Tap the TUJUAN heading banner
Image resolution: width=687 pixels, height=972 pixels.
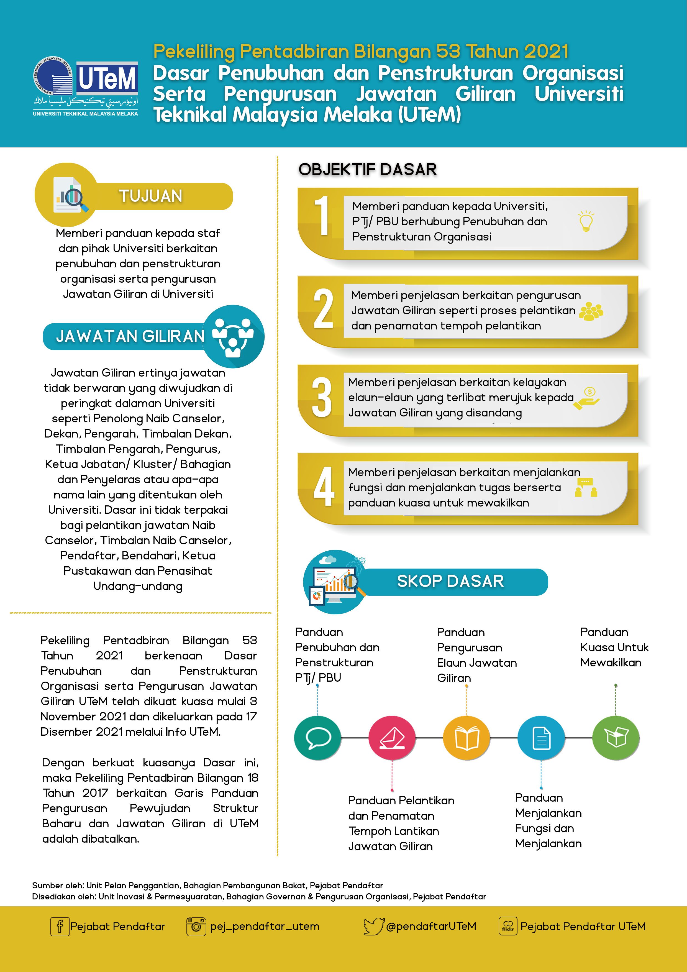tap(151, 196)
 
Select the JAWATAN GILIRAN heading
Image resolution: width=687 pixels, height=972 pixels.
tap(130, 336)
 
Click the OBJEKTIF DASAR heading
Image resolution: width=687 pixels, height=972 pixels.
tap(367, 169)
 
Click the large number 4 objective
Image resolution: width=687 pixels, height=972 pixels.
tap(324, 487)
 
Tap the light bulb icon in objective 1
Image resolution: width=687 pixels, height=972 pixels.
tap(586, 221)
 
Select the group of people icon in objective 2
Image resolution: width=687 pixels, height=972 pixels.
tap(591, 311)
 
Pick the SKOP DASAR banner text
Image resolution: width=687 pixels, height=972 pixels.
tap(450, 581)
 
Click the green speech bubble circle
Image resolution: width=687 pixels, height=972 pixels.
tap(317, 738)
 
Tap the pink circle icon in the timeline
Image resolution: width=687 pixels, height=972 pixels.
tap(392, 738)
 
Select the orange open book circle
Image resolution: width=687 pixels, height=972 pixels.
tap(466, 738)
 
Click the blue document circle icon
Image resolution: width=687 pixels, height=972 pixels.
tap(541, 738)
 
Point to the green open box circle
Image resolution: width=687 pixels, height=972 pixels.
tap(616, 738)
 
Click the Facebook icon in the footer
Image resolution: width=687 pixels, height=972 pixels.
tap(60, 926)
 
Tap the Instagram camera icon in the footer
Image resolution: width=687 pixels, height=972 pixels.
tap(196, 926)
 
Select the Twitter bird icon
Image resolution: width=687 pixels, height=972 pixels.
tap(373, 926)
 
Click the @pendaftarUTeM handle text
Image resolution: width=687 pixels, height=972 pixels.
tap(431, 926)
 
